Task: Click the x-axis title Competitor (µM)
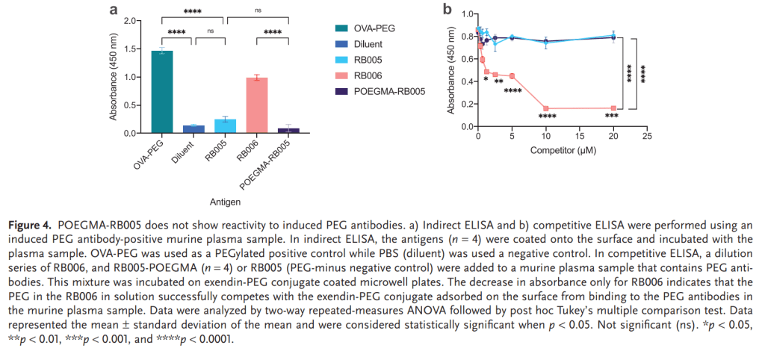pos(562,150)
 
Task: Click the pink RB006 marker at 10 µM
pos(546,108)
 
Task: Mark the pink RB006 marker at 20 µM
pos(613,108)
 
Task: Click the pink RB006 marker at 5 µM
pos(512,75)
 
